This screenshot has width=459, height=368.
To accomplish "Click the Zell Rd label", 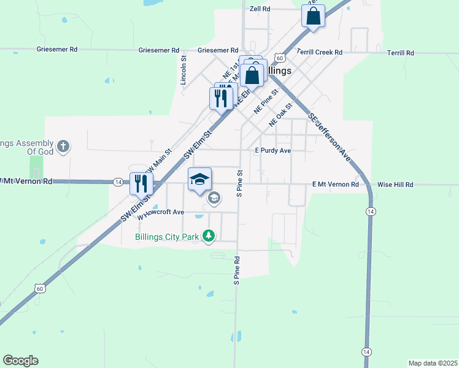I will (260, 9).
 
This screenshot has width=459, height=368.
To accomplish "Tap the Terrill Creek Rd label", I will (319, 53).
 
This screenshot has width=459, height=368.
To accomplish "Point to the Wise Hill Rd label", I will (395, 184).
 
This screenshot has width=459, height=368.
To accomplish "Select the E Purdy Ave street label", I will (272, 150).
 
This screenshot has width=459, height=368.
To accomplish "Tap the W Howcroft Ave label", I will (161, 213).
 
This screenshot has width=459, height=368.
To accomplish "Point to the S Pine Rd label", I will (236, 270).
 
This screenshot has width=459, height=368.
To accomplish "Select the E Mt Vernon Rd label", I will (335, 184).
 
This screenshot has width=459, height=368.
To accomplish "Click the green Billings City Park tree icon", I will (209, 236).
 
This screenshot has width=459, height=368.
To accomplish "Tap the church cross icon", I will (63, 147).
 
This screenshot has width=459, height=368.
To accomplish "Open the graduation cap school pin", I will (199, 178).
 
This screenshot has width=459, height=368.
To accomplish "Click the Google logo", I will (20, 361).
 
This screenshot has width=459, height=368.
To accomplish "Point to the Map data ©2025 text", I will (433, 363).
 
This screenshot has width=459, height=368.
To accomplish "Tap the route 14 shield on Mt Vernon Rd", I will (117, 182).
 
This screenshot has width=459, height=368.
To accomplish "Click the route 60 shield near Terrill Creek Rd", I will (279, 58).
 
